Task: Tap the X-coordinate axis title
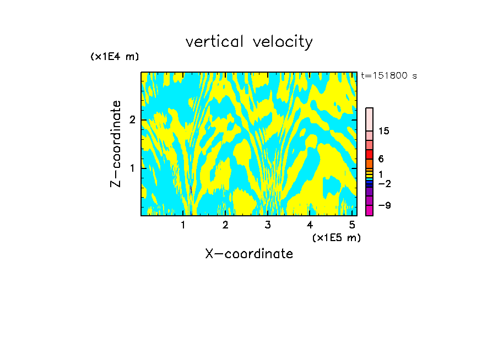coord(249,254)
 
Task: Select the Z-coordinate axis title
coord(116,144)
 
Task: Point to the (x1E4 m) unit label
coord(115,57)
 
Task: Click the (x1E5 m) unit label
coord(336,237)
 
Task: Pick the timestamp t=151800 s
coord(389,76)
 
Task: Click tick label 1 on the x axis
coord(183,225)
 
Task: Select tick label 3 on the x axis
coord(268,225)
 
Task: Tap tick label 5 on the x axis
coord(352,225)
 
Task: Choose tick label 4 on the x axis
coord(310,225)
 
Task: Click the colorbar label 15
coord(384,131)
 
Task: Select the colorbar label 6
coord(381,159)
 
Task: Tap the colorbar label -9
coord(383,205)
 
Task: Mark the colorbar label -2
coord(383,183)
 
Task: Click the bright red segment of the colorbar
coord(369,154)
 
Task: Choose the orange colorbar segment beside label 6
coord(369,163)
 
